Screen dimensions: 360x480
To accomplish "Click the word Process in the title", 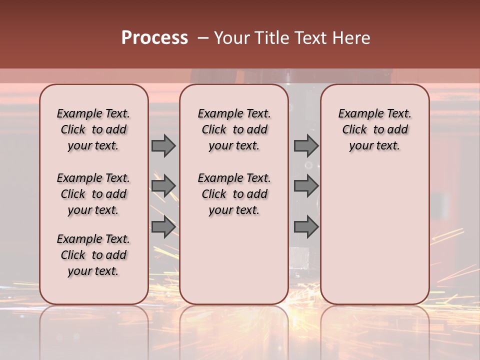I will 154,38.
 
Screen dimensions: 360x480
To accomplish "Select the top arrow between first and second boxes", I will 163,145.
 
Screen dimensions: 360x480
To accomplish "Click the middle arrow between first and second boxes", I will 163,186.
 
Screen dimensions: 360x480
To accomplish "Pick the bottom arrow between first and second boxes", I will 163,226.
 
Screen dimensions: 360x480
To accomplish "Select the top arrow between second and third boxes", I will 306,145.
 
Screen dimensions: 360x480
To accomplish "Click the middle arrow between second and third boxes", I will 306,186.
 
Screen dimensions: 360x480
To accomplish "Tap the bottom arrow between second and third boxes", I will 306,226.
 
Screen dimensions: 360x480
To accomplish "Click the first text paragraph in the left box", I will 93,129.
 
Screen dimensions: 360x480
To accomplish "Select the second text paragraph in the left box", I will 93,194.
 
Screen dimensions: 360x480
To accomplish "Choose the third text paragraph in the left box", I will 93,255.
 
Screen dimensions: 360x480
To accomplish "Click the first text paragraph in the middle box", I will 234,129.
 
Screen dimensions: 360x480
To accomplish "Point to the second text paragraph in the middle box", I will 234,194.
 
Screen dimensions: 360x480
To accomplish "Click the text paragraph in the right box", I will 375,129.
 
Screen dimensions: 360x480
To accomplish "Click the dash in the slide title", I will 202,38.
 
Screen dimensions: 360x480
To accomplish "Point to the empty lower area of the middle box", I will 234,260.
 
